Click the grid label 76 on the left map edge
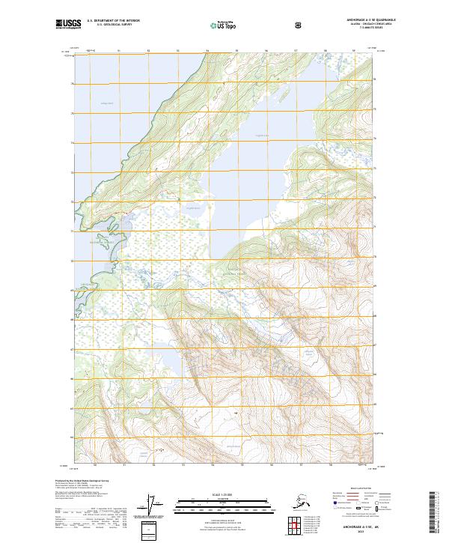(x=73, y=84)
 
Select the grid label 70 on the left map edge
(x=73, y=261)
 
